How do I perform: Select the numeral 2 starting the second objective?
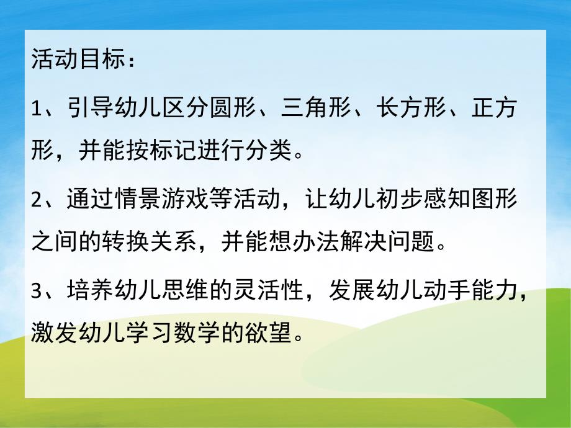(x=36, y=200)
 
